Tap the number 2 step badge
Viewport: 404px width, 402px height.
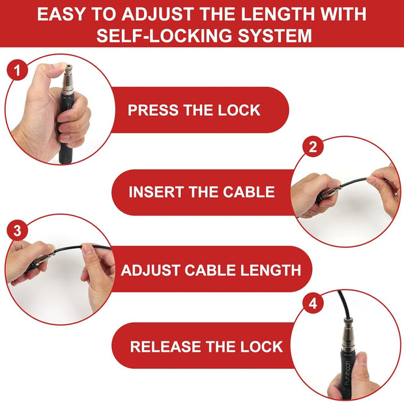tap(313, 147)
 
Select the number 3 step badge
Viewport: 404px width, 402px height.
tap(17, 230)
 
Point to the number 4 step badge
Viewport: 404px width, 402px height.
tap(313, 304)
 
